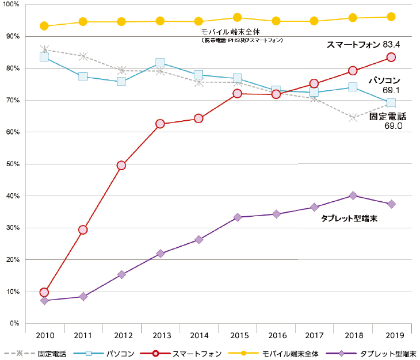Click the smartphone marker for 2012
click(x=121, y=166)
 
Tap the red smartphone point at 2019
click(x=391, y=57)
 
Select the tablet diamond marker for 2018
click(x=353, y=196)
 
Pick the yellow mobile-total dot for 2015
click(x=237, y=18)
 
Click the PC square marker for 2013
click(x=160, y=63)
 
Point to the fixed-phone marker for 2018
click(x=353, y=117)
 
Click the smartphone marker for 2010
click(x=44, y=292)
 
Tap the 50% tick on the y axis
click(x=12, y=164)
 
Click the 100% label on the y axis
click(x=10, y=5)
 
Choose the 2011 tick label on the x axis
click(x=83, y=335)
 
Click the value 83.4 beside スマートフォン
click(x=394, y=44)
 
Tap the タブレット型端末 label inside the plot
click(x=349, y=219)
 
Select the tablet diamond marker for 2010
click(x=44, y=301)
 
